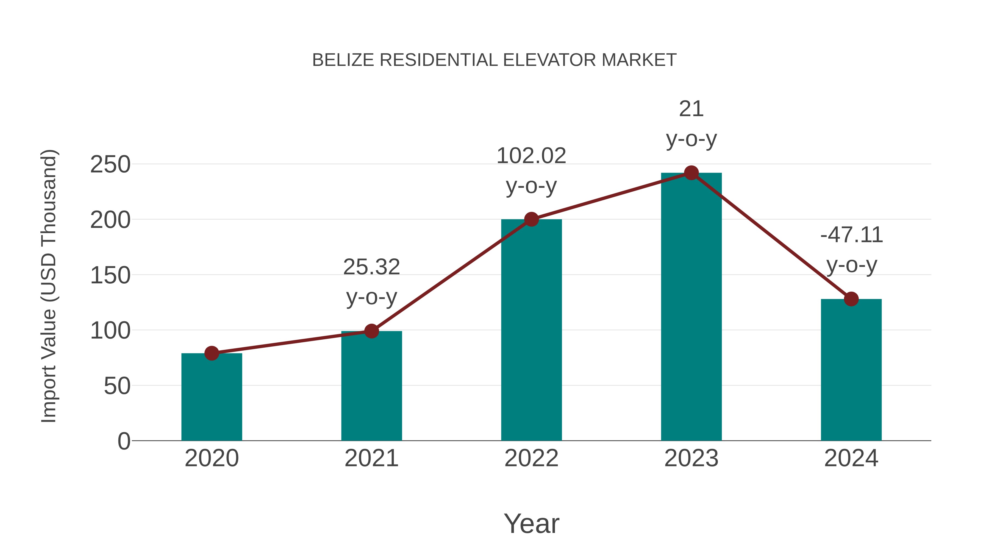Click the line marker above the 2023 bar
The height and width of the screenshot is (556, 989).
click(691, 173)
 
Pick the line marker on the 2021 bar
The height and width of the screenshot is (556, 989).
click(371, 331)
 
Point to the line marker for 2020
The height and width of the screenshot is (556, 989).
click(212, 353)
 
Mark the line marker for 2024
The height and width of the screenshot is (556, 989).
click(851, 299)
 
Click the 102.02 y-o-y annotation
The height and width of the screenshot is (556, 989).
click(531, 171)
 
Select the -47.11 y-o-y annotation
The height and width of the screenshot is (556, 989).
click(851, 250)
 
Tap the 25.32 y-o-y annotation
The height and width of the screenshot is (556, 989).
click(371, 282)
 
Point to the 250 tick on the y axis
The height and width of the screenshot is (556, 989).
click(110, 165)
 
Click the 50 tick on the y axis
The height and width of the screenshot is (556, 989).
click(117, 386)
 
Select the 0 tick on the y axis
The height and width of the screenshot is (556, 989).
click(124, 441)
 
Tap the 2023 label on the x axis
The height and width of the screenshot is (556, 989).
click(691, 458)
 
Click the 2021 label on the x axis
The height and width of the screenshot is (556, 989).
click(371, 458)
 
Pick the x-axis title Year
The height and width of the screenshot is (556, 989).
click(531, 523)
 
